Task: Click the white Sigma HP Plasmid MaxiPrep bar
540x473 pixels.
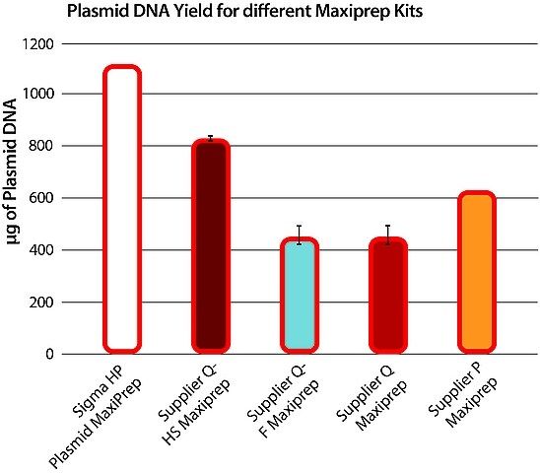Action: click(x=122, y=209)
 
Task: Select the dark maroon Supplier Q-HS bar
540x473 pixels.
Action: click(x=211, y=246)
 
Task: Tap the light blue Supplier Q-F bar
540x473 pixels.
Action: click(x=300, y=296)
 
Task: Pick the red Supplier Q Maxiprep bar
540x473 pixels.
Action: click(x=388, y=296)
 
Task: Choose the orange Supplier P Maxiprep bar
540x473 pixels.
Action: click(x=477, y=272)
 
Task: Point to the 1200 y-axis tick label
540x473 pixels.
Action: click(x=37, y=44)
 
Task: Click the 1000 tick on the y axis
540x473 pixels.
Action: click(x=37, y=94)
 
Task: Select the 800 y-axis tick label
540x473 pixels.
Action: click(x=41, y=146)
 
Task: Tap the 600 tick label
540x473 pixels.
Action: click(x=41, y=198)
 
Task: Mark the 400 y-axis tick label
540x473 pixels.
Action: click(x=41, y=250)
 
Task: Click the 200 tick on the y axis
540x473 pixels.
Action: click(x=41, y=303)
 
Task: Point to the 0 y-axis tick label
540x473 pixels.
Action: click(x=50, y=354)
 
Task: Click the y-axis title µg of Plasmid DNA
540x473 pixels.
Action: click(x=12, y=171)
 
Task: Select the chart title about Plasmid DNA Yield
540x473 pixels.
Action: click(x=244, y=12)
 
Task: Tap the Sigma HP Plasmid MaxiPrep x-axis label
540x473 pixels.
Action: click(x=97, y=418)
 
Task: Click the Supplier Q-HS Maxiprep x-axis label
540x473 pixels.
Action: click(x=193, y=407)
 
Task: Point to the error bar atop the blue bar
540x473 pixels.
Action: click(x=300, y=235)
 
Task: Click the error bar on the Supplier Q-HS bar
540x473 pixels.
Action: click(x=211, y=138)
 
